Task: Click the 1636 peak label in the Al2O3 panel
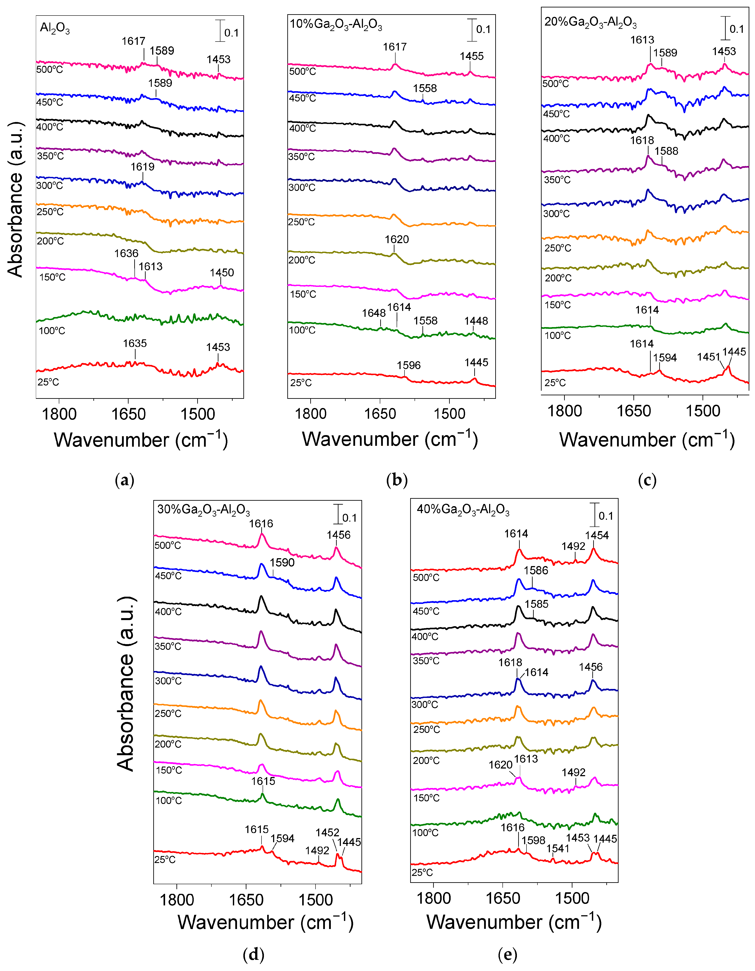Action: coord(126,253)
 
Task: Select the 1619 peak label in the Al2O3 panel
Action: coord(142,167)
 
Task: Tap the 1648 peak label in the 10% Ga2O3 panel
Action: coord(373,313)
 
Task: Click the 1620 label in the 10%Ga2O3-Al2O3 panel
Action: coord(397,239)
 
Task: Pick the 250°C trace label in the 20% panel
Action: coord(558,248)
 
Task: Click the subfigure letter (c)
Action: coord(647,480)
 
